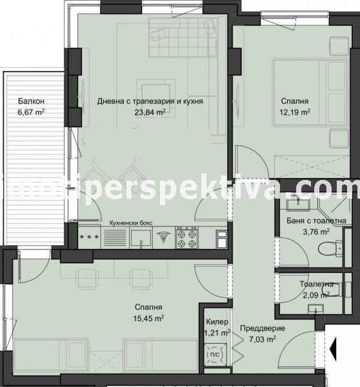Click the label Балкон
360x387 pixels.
(31, 101)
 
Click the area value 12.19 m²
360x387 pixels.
(295, 112)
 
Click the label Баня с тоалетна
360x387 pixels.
(315, 221)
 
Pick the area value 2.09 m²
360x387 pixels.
(315, 295)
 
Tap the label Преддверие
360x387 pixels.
(259, 328)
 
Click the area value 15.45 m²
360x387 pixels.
(148, 319)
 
